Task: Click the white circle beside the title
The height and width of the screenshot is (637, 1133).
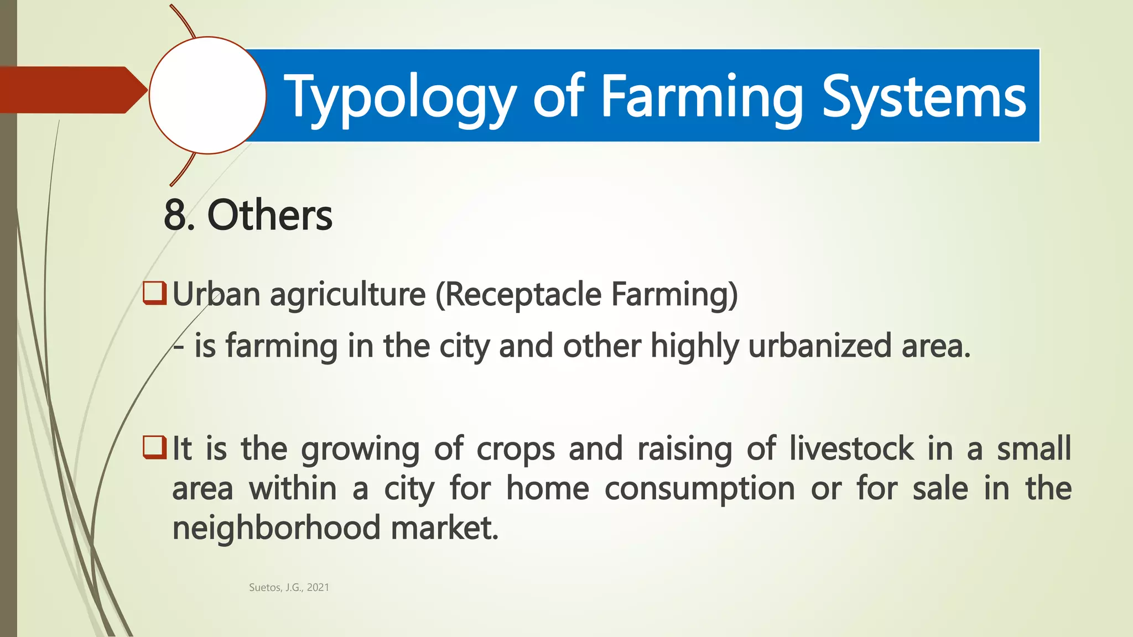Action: point(207,95)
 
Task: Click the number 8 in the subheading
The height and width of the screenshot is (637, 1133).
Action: point(175,215)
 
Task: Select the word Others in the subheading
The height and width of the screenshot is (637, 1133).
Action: point(269,215)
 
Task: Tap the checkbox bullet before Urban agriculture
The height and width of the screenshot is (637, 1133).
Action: point(154,294)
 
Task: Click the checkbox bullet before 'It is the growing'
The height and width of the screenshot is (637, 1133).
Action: point(154,447)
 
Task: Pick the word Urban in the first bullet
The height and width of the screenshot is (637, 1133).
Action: point(216,294)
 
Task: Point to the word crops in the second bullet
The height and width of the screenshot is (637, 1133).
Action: point(516,449)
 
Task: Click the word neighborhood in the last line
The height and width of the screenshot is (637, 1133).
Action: point(276,528)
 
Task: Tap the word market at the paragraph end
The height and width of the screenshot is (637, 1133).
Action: point(444,528)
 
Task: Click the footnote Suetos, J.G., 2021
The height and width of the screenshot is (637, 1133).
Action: point(289,587)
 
